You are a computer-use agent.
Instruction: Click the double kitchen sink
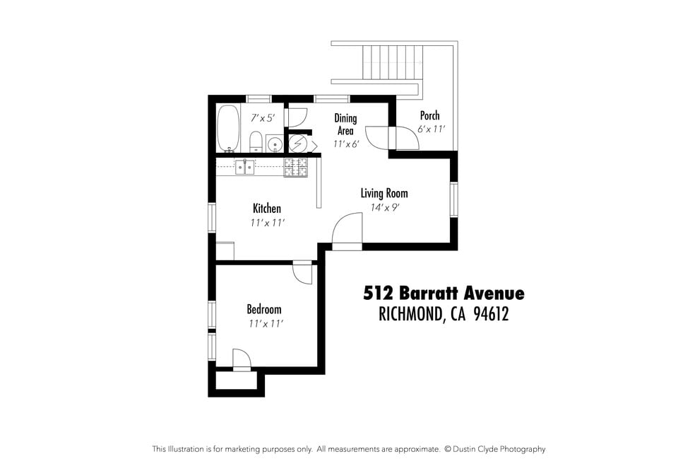tap(245, 168)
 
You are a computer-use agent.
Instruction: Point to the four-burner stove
tap(296, 168)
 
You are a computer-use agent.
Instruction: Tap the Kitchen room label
tap(267, 209)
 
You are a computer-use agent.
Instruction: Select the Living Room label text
tap(384, 193)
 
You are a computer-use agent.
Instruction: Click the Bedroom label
tap(263, 309)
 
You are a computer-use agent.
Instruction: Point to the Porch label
tap(429, 115)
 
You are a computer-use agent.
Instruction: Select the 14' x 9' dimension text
tap(384, 208)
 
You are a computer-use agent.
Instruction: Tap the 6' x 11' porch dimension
tap(429, 129)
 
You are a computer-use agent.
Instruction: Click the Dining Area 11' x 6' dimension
tap(345, 144)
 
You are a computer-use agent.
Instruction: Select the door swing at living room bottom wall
tap(347, 230)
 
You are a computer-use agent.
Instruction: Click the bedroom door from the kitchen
tap(302, 272)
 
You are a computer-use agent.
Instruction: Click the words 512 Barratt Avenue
tap(444, 293)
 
